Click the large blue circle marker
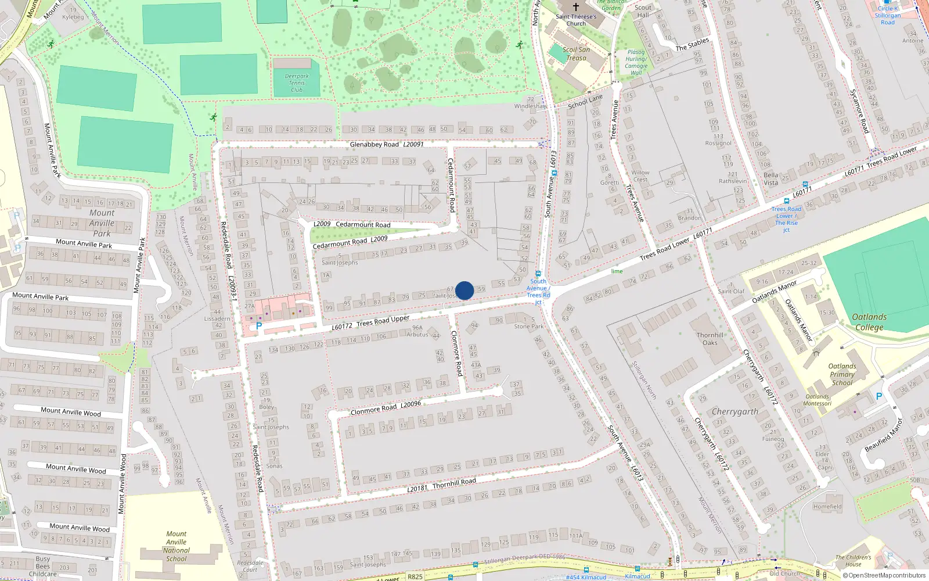click(464, 290)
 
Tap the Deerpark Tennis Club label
click(297, 83)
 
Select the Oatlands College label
click(869, 322)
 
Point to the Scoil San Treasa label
click(576, 53)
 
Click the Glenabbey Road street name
click(375, 144)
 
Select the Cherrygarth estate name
click(735, 411)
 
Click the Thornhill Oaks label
click(710, 339)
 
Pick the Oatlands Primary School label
click(842, 374)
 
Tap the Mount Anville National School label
click(177, 546)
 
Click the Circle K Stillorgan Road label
click(888, 16)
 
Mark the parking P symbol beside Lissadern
click(259, 326)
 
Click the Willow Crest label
click(640, 176)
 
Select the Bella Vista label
click(770, 178)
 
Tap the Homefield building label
click(827, 507)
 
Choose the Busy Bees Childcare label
click(43, 566)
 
